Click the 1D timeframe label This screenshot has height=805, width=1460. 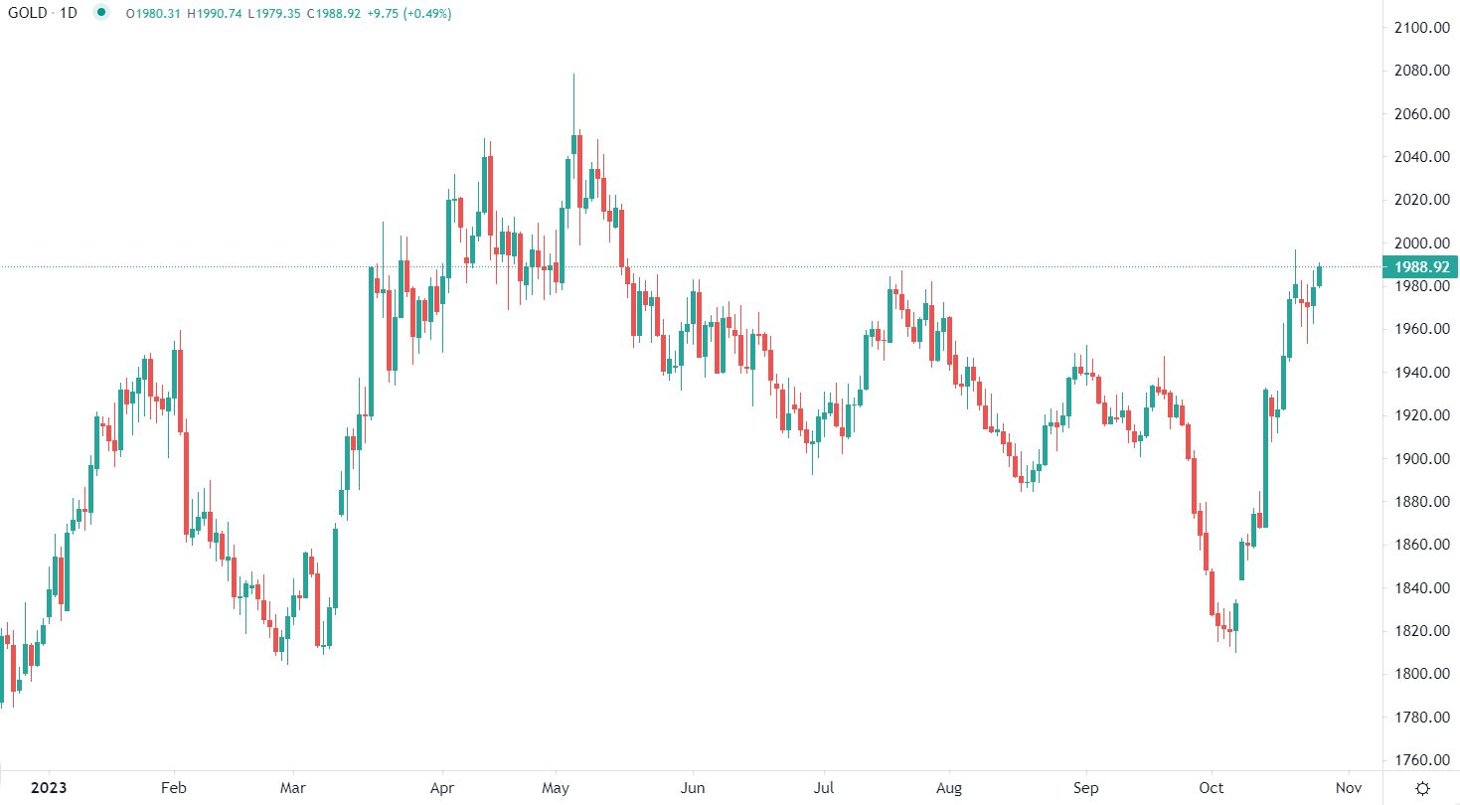click(x=69, y=13)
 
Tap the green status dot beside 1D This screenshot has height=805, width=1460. click(x=99, y=13)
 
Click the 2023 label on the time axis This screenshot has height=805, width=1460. click(x=49, y=787)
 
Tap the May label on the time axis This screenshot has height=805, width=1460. click(x=555, y=787)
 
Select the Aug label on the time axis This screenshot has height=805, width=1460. click(x=949, y=787)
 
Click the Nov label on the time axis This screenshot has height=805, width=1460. click(x=1348, y=787)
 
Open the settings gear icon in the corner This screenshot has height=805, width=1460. click(x=1422, y=788)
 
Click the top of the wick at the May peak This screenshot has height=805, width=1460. click(x=574, y=75)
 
